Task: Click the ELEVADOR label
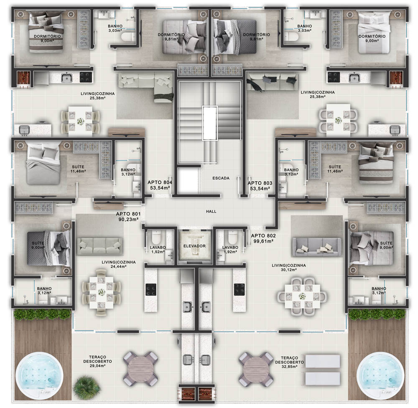194,246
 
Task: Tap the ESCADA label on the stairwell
221,178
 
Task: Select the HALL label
211,211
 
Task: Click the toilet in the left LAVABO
156,236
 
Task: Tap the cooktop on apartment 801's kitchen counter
151,289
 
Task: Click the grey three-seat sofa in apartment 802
317,247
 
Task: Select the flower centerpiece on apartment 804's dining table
81,122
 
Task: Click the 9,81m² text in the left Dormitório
171,39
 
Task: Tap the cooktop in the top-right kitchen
334,77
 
